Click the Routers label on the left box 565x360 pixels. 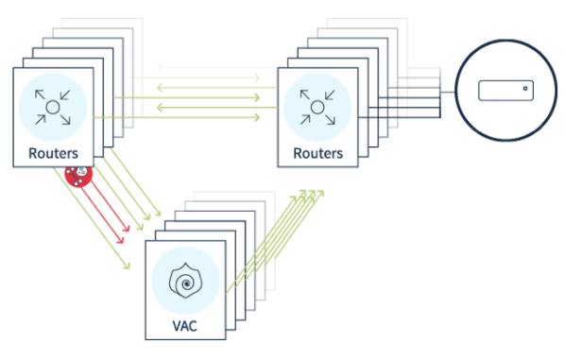tap(53, 153)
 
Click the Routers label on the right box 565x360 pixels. tap(318, 153)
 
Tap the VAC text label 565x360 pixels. tap(185, 326)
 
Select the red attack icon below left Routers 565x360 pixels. tap(78, 175)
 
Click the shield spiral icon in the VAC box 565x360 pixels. tap(185, 281)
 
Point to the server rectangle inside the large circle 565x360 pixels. tap(505, 91)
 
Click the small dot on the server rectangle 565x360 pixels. tap(525, 88)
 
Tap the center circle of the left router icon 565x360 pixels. tap(53, 108)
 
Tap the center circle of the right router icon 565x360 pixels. tap(317, 108)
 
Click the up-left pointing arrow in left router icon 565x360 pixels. tap(40, 94)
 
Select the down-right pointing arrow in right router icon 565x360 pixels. tap(331, 120)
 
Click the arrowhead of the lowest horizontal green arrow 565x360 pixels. tap(257, 117)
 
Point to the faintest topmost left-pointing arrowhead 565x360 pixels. tap(160, 67)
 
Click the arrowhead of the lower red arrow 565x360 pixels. tap(121, 240)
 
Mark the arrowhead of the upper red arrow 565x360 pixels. tap(126, 228)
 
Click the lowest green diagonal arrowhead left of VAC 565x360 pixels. tap(126, 266)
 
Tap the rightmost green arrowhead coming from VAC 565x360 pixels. tap(320, 194)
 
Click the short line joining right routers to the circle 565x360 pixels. tap(448, 93)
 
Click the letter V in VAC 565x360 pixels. tap(177, 326)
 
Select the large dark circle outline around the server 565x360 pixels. tap(456, 90)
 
